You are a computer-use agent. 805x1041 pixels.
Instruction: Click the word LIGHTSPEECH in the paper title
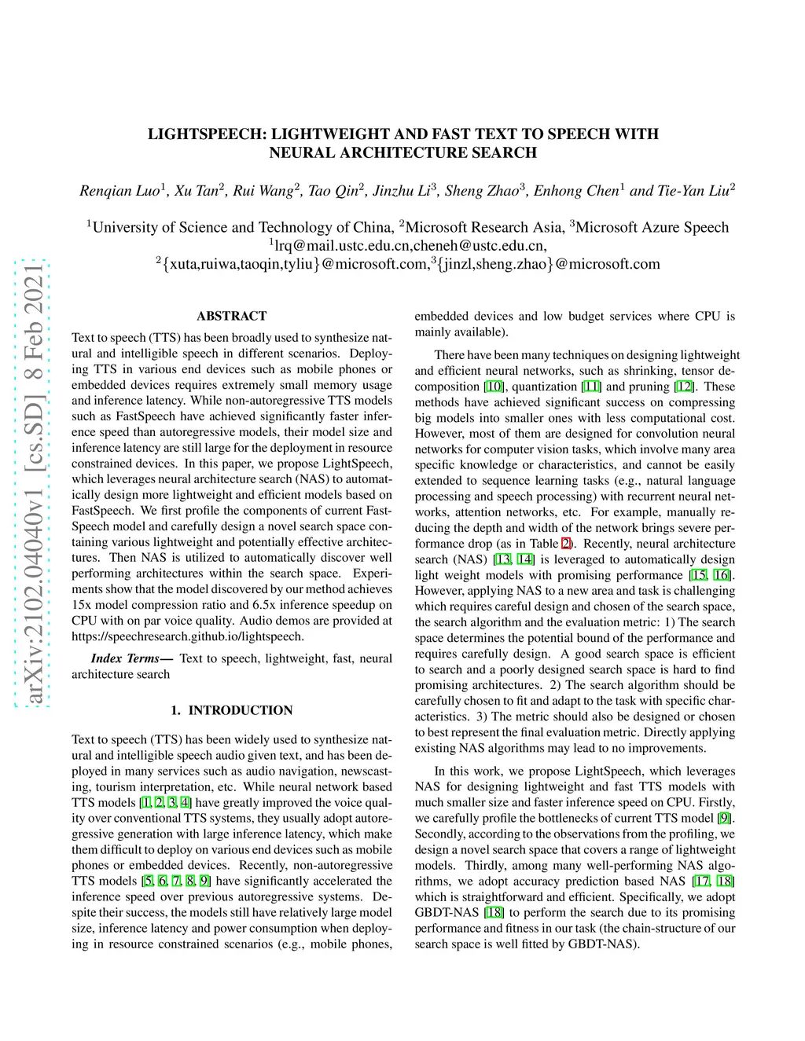(x=204, y=134)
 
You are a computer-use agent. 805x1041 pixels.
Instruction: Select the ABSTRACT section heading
(x=231, y=316)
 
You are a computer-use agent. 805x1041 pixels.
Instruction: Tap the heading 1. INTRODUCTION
(x=231, y=710)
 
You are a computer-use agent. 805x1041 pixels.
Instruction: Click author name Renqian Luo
(x=119, y=191)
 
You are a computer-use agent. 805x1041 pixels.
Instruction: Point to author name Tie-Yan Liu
(x=693, y=191)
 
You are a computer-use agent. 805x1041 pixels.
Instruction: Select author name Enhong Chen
(x=576, y=191)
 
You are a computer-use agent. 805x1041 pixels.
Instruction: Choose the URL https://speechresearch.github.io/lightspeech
(x=187, y=636)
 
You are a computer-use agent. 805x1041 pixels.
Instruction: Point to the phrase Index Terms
(x=126, y=658)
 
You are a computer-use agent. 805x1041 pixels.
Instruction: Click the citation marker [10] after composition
(x=494, y=387)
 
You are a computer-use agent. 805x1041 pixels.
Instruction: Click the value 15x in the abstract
(x=81, y=605)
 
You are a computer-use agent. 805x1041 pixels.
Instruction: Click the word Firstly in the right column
(x=715, y=803)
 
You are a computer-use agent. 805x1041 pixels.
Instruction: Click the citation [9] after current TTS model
(x=724, y=819)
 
